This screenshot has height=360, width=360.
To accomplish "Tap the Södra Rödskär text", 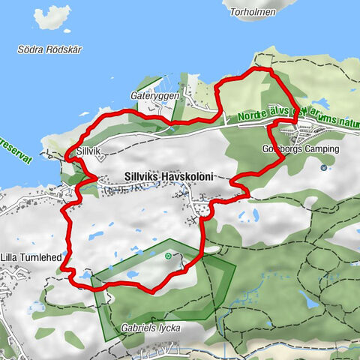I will pos(43,50).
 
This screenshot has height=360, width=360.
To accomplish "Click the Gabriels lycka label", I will pos(151,328).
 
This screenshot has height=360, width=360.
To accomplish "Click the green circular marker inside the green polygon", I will pos(168,256).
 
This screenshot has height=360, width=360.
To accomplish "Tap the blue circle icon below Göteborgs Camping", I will pos(323,167).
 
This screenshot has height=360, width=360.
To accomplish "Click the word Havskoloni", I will pos(187,177).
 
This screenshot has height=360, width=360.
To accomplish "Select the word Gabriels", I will pos(138,328).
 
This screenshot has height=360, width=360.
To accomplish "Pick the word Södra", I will pos(28,50).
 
